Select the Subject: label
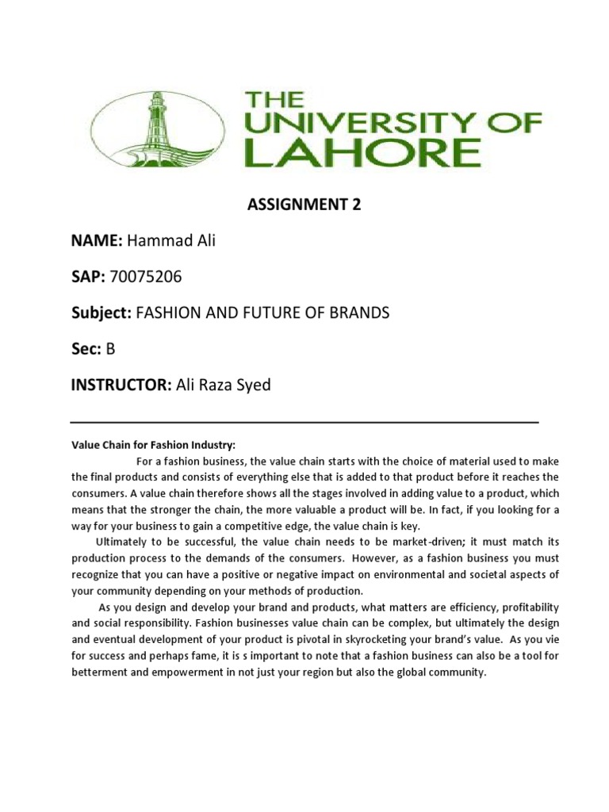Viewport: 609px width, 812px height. coord(102,313)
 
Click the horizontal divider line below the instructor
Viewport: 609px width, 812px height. coord(304,422)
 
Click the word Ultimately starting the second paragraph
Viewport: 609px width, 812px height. coord(122,542)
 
